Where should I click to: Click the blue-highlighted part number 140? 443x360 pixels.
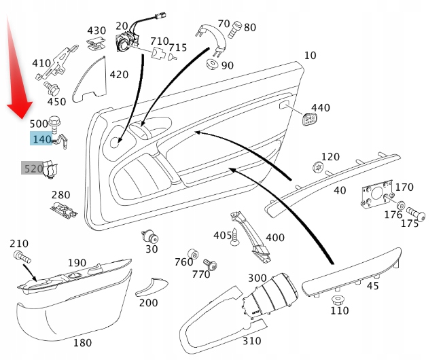tap(41, 139)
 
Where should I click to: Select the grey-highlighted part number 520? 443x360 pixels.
tap(33, 168)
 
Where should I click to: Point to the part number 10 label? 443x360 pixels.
tap(310, 55)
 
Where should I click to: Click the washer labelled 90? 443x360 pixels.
tap(211, 66)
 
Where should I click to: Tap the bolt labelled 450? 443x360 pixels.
tap(52, 88)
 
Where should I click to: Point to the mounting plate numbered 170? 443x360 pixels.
tap(376, 193)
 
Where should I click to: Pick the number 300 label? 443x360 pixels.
tap(257, 278)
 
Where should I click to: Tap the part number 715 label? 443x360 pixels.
tap(177, 48)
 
